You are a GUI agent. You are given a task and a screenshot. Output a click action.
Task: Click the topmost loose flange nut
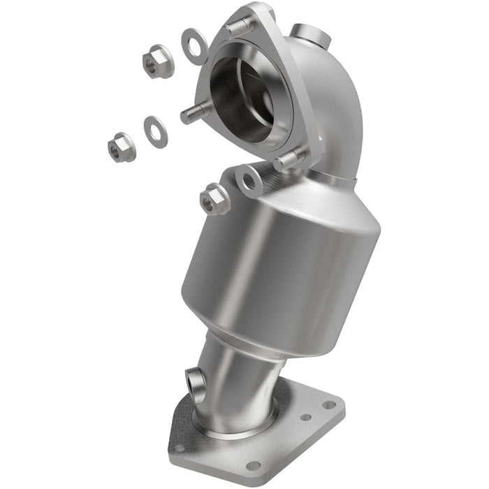coord(157,61)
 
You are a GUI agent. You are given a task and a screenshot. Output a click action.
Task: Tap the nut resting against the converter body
coord(214,200)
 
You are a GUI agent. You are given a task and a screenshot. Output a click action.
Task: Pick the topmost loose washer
coord(194,46)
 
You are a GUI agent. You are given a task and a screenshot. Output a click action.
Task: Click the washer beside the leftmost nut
coord(155,131)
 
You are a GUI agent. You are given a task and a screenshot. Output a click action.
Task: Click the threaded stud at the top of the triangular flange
coord(239,27)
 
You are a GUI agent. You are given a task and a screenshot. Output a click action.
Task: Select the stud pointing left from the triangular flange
coord(196,112)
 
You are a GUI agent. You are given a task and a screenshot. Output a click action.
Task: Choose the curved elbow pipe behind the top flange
coord(328,105)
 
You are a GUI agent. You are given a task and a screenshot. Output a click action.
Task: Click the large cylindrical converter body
coord(279,258)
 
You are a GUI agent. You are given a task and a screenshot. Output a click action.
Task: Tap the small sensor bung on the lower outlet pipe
coord(196,381)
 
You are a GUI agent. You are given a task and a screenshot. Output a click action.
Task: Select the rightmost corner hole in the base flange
coord(328,404)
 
